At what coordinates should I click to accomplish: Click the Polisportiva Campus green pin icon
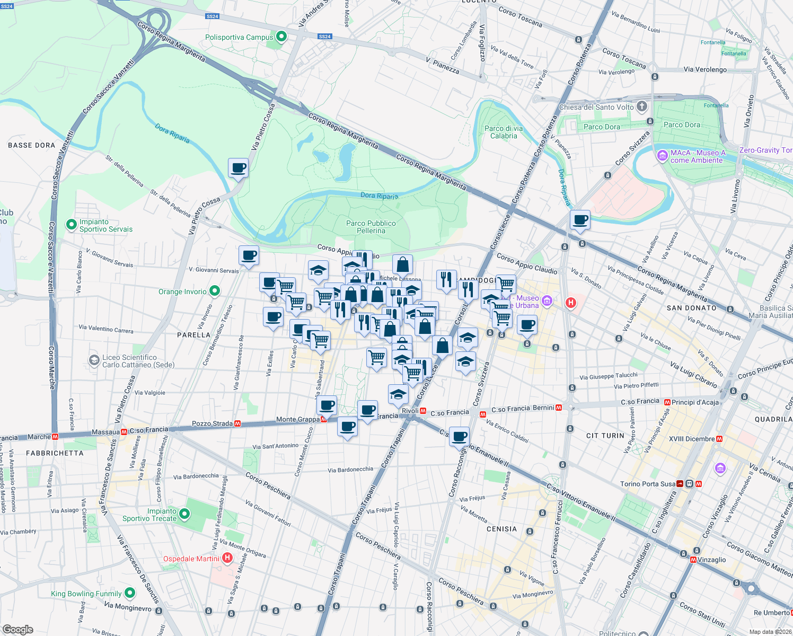pyautogui.click(x=281, y=37)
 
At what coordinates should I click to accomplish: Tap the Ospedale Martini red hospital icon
pyautogui.click(x=227, y=558)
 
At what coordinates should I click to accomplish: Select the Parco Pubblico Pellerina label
pyautogui.click(x=371, y=227)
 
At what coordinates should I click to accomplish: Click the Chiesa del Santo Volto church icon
pyautogui.click(x=642, y=107)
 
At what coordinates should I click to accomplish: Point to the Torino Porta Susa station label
pyautogui.click(x=648, y=484)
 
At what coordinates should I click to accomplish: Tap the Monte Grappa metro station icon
pyautogui.click(x=323, y=419)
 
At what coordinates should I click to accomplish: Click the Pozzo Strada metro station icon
pyautogui.click(x=237, y=423)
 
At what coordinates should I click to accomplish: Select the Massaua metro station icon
pyautogui.click(x=124, y=432)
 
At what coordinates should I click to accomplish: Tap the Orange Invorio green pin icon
pyautogui.click(x=214, y=291)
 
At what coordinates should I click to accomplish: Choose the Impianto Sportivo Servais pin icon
pyautogui.click(x=71, y=225)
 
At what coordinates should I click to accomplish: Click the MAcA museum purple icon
pyautogui.click(x=662, y=156)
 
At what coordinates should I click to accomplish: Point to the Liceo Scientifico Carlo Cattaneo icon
pyautogui.click(x=94, y=361)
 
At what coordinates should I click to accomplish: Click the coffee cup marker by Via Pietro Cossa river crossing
pyautogui.click(x=238, y=169)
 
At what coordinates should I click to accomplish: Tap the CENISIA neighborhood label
pyautogui.click(x=501, y=529)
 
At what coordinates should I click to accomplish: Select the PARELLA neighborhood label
pyautogui.click(x=193, y=335)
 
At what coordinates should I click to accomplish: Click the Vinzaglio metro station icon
pyautogui.click(x=693, y=560)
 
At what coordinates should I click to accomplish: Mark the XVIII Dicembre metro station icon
pyautogui.click(x=719, y=439)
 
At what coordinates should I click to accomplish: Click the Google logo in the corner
pyautogui.click(x=17, y=629)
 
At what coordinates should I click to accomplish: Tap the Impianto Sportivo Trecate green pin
pyautogui.click(x=184, y=514)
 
